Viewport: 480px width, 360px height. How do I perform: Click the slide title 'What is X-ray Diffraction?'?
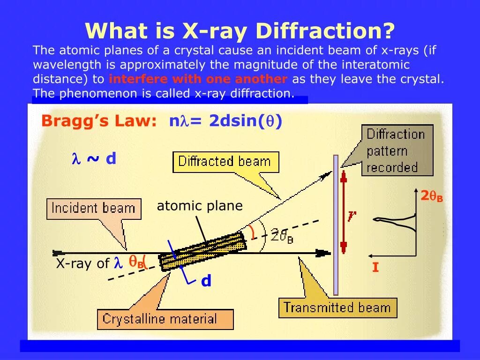(240, 31)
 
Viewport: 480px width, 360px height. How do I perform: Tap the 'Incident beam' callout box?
(93, 209)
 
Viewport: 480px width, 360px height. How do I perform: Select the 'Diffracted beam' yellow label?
(225, 162)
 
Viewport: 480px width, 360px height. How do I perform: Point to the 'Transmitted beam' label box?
(337, 308)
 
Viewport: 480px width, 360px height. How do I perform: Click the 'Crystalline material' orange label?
(160, 320)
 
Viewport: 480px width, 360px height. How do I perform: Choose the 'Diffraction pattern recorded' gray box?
(396, 150)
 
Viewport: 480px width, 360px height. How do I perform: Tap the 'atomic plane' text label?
(200, 206)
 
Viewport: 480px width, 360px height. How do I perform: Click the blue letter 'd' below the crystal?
(206, 281)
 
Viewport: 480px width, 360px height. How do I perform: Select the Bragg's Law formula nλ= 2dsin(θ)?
(225, 121)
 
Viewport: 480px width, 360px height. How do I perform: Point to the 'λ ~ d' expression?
(93, 159)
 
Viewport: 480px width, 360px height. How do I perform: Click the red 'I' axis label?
(375, 268)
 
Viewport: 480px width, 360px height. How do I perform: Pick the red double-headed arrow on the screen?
(344, 212)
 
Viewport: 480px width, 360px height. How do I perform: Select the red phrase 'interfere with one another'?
(198, 79)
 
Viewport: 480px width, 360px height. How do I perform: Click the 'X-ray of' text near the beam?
(82, 263)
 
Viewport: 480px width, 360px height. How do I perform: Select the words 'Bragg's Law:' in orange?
(98, 121)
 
